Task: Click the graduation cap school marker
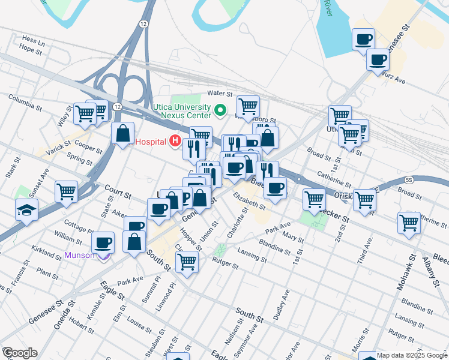[x=27, y=209]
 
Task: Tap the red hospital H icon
[x=175, y=142]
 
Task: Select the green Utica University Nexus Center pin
[x=220, y=110]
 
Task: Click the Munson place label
[x=80, y=255]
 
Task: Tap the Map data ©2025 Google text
[x=412, y=355]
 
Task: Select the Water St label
[x=219, y=94]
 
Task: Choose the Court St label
[x=118, y=192]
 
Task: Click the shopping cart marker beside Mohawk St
[x=409, y=223]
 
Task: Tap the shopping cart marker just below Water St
[x=248, y=107]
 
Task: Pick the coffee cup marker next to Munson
[x=103, y=242]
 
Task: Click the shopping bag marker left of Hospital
[x=122, y=134]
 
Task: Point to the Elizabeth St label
[x=249, y=200]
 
